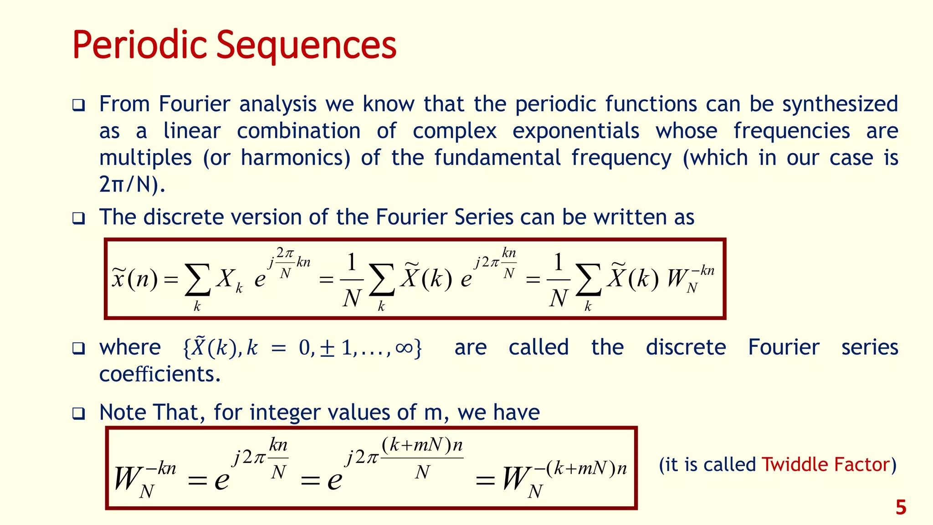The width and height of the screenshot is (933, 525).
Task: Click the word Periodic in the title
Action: point(139,46)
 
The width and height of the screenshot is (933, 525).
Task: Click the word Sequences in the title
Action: point(306,46)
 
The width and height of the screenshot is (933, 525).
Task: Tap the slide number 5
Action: point(901,508)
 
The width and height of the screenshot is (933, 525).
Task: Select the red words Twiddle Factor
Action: point(825,465)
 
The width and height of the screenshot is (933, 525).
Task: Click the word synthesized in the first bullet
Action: point(840,104)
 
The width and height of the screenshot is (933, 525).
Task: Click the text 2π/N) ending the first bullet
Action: point(132,185)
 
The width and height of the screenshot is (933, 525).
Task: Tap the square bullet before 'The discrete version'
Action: point(78,218)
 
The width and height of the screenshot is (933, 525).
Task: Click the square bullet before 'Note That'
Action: point(78,414)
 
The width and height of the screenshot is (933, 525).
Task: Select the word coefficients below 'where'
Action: point(159,375)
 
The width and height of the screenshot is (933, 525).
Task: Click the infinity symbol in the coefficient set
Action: point(404,348)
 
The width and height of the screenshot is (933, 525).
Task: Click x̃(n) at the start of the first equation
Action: point(135,278)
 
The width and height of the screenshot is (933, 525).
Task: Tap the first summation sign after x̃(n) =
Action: point(197,279)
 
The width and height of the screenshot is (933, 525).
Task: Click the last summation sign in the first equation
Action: point(588,279)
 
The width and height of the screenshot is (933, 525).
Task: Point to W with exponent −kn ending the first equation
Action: point(688,278)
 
